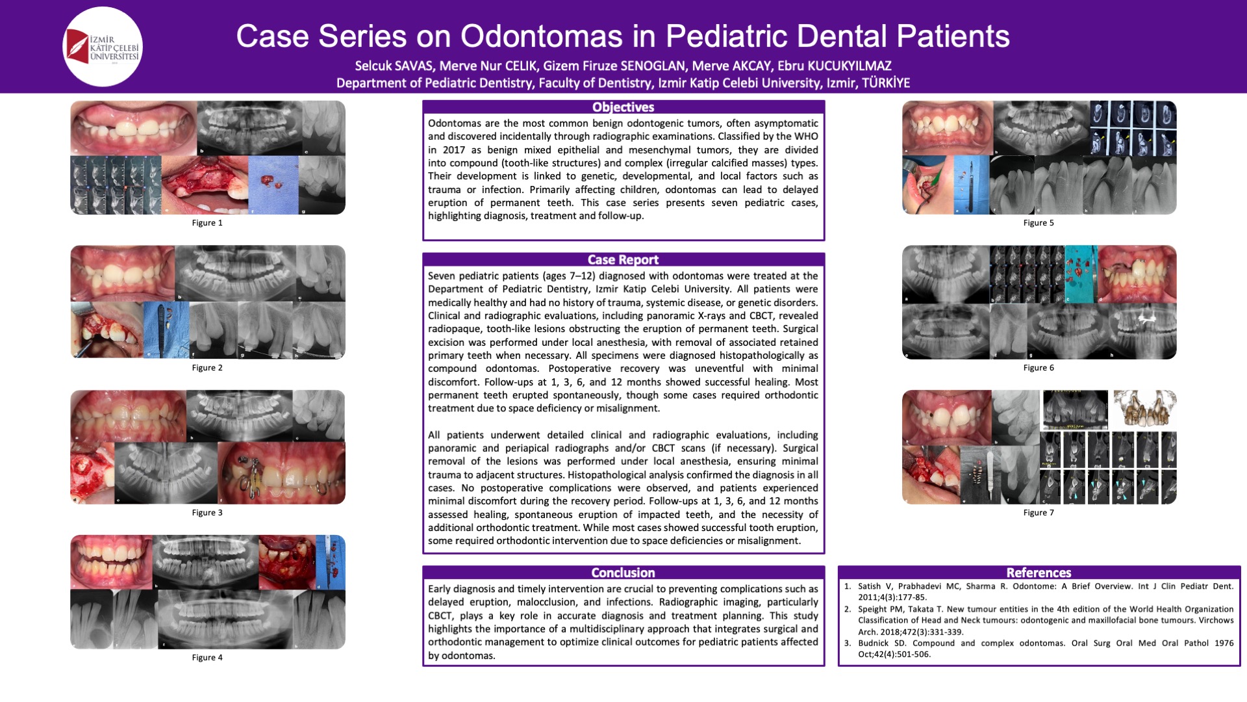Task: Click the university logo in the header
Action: click(x=103, y=47)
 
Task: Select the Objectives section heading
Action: click(x=623, y=107)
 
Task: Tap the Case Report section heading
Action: click(x=623, y=260)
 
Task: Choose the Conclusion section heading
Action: click(x=623, y=573)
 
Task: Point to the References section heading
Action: click(x=1039, y=573)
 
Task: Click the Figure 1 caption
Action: click(x=207, y=223)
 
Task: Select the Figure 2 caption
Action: click(x=207, y=368)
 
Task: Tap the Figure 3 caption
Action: click(x=207, y=513)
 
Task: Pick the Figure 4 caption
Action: click(x=207, y=658)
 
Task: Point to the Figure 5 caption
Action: click(x=1039, y=223)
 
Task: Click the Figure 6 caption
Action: click(x=1039, y=368)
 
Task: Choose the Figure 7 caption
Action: click(x=1039, y=513)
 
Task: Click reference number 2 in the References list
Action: click(x=848, y=610)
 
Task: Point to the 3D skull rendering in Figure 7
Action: click(x=1144, y=409)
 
